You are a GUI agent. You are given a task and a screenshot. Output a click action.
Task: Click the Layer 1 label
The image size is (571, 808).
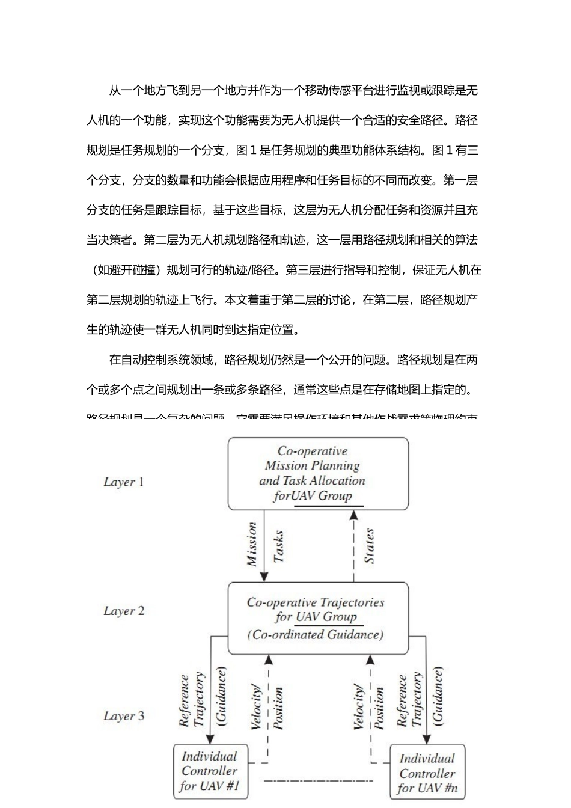123,482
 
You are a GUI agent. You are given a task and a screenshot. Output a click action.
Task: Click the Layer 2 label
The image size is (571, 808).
124,611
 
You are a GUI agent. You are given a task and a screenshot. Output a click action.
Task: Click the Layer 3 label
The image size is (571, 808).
124,716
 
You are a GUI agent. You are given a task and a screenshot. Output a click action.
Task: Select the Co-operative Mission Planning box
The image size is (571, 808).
317,474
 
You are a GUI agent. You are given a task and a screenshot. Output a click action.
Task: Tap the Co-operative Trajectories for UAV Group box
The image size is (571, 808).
317,618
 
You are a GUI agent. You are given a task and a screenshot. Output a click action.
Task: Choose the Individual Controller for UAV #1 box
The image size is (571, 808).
210,771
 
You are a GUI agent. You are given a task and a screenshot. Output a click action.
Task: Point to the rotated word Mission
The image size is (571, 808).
252,545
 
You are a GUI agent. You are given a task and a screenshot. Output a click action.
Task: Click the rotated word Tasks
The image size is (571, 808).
278,546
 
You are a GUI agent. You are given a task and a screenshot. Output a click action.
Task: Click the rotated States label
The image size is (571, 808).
370,546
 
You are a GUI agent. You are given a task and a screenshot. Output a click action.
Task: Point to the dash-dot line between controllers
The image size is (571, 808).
319,781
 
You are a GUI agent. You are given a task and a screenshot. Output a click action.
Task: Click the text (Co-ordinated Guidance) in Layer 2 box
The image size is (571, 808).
315,635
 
